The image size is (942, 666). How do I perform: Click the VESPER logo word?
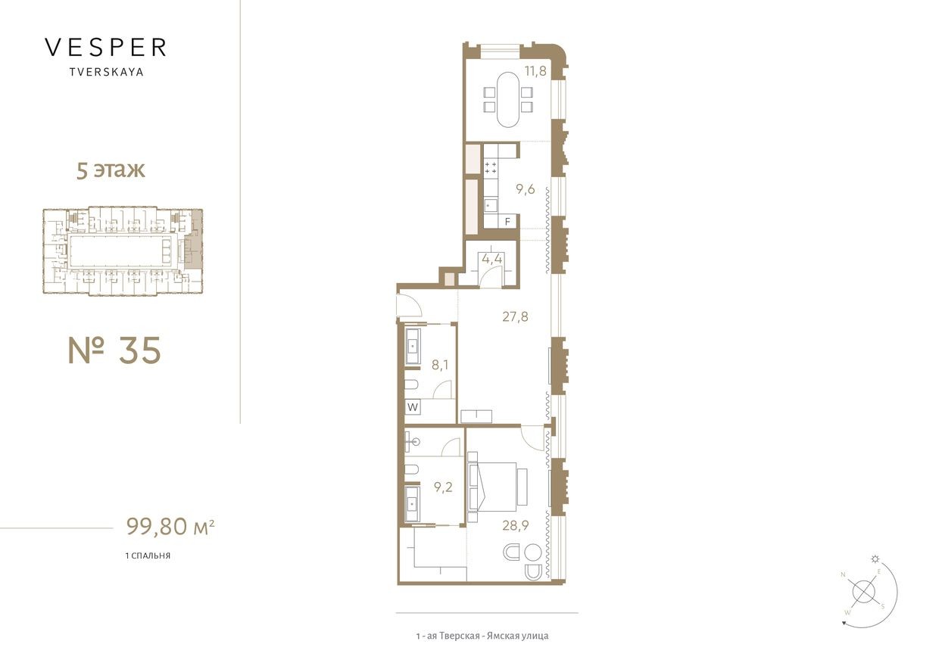pyautogui.click(x=105, y=48)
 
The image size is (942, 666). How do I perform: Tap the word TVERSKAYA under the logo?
pyautogui.click(x=105, y=73)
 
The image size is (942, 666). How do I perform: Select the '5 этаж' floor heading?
pyautogui.click(x=111, y=170)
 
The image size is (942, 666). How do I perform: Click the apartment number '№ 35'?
pyautogui.click(x=114, y=350)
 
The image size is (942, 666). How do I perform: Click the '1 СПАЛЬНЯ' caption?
pyautogui.click(x=148, y=556)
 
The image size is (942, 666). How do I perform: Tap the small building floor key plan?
pyautogui.click(x=123, y=251)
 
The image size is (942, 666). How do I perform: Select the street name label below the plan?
pyautogui.click(x=482, y=636)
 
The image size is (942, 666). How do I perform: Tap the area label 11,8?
pyautogui.click(x=535, y=73)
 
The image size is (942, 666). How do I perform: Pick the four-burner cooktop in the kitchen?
pyautogui.click(x=490, y=168)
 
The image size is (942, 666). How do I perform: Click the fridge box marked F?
pyautogui.click(x=508, y=221)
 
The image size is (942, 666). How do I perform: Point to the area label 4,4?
pyautogui.click(x=491, y=259)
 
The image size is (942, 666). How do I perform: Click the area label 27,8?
pyautogui.click(x=515, y=316)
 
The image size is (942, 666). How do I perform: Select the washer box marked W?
pyautogui.click(x=413, y=407)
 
